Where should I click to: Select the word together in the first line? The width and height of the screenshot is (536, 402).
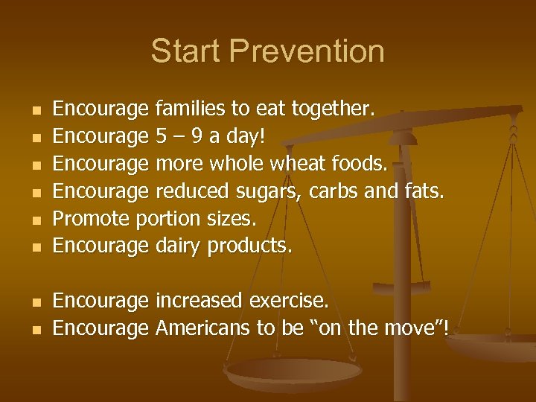click(x=331, y=109)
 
